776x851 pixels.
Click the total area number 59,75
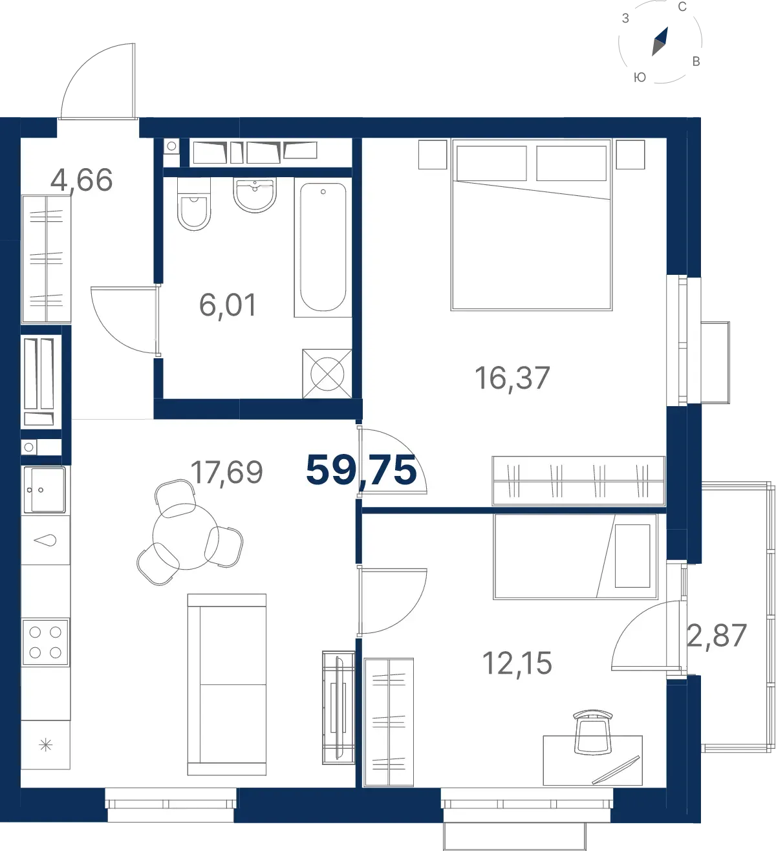[361, 469]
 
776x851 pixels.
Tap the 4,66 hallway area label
[81, 180]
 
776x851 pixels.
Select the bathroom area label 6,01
[228, 305]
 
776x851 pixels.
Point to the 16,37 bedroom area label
[512, 378]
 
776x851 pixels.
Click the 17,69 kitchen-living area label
[226, 473]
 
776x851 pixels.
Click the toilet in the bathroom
[194, 204]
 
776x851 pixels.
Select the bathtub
[323, 247]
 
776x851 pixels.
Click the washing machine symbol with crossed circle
[327, 374]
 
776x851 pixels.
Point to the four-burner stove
[45, 642]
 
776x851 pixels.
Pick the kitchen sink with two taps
[45, 490]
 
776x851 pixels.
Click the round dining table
[186, 537]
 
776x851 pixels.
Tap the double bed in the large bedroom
[531, 225]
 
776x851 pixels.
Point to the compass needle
[660, 41]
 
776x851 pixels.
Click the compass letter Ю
[640, 77]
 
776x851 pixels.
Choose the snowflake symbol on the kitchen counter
[45, 746]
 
